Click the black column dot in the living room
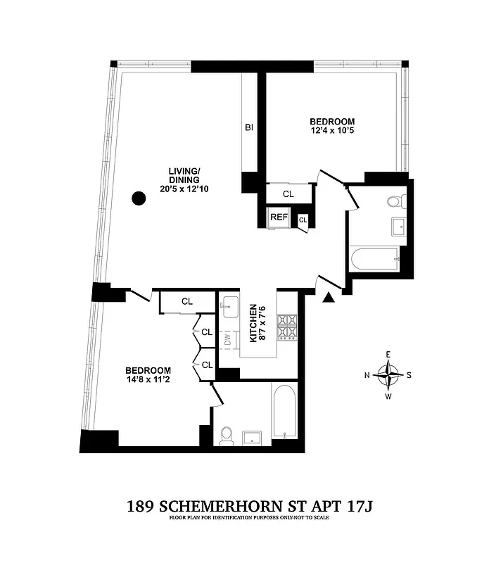(139, 198)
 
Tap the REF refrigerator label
(279, 217)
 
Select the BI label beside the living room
(249, 127)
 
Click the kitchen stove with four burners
(288, 325)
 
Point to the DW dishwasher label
(227, 340)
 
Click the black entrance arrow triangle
(326, 299)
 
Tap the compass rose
(387, 375)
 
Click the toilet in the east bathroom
(394, 203)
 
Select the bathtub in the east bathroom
(374, 258)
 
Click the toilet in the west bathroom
(227, 436)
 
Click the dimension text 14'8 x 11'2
(148, 381)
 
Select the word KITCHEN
(253, 324)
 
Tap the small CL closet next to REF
(303, 220)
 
